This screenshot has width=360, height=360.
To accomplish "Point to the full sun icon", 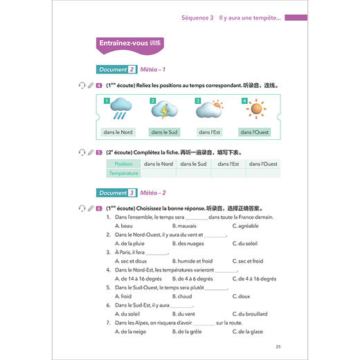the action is tap(255, 109).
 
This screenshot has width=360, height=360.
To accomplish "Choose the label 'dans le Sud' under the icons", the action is tap(164, 132).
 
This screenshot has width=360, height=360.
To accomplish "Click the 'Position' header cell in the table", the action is tap(124, 164).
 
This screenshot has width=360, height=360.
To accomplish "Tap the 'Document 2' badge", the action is tap(116, 69).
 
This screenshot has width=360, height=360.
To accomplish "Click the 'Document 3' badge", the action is tap(116, 192).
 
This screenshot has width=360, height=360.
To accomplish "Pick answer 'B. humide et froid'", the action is tap(192, 261).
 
